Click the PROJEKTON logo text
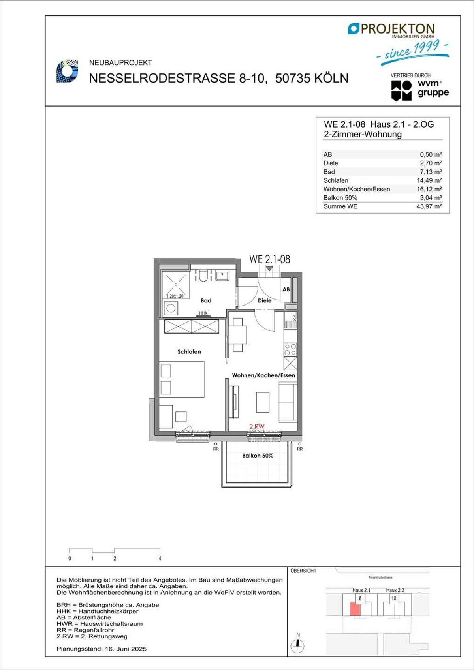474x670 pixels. tap(397, 29)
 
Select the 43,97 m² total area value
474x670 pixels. tap(429, 206)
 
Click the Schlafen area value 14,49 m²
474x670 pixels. tap(429, 180)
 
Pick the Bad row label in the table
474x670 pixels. tap(329, 172)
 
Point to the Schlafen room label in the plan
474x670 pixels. tap(189, 352)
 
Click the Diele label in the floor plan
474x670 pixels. tap(265, 300)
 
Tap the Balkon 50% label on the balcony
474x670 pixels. tap(258, 456)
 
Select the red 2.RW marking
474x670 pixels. tap(257, 426)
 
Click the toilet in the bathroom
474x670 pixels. tap(203, 275)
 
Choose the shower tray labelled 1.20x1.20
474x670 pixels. tap(176, 284)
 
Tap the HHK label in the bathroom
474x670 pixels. tap(203, 313)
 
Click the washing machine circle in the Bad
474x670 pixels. tap(171, 308)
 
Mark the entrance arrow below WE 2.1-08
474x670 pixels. tap(269, 268)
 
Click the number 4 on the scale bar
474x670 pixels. tap(160, 558)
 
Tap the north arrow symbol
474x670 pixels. tap(297, 643)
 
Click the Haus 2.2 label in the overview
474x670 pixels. tap(395, 590)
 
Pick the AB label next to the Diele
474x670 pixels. tap(286, 289)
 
